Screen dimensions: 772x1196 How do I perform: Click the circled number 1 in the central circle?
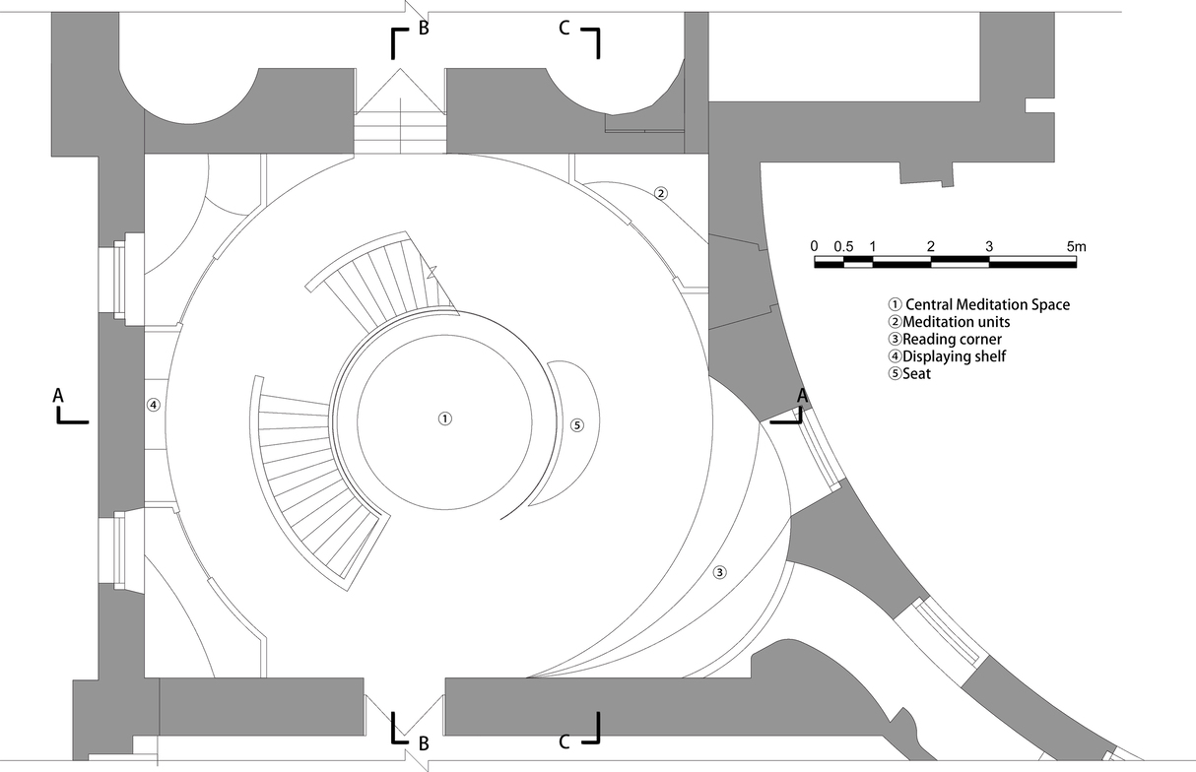[x=445, y=418]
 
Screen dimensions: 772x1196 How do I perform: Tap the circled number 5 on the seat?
[x=577, y=425]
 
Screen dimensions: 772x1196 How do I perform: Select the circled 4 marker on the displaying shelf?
[x=153, y=404]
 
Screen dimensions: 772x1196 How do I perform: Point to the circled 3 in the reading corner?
[x=720, y=572]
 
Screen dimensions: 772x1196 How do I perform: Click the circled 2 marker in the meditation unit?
[x=661, y=193]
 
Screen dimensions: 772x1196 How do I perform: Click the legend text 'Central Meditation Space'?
[x=986, y=304]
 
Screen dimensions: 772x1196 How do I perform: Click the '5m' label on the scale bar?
[x=1076, y=246]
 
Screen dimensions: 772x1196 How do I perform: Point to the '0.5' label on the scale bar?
[x=843, y=246]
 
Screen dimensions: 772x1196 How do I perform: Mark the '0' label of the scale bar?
[x=814, y=246]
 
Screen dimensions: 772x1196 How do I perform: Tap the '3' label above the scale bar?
[x=988, y=246]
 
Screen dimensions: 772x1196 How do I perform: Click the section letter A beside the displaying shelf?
[x=58, y=394]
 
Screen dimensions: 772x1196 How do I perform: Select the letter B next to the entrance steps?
[x=424, y=28]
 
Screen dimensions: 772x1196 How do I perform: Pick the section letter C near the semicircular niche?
[x=564, y=28]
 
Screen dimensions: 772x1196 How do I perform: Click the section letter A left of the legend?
[x=802, y=394]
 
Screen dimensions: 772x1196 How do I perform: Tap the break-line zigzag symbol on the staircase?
[x=431, y=268]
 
